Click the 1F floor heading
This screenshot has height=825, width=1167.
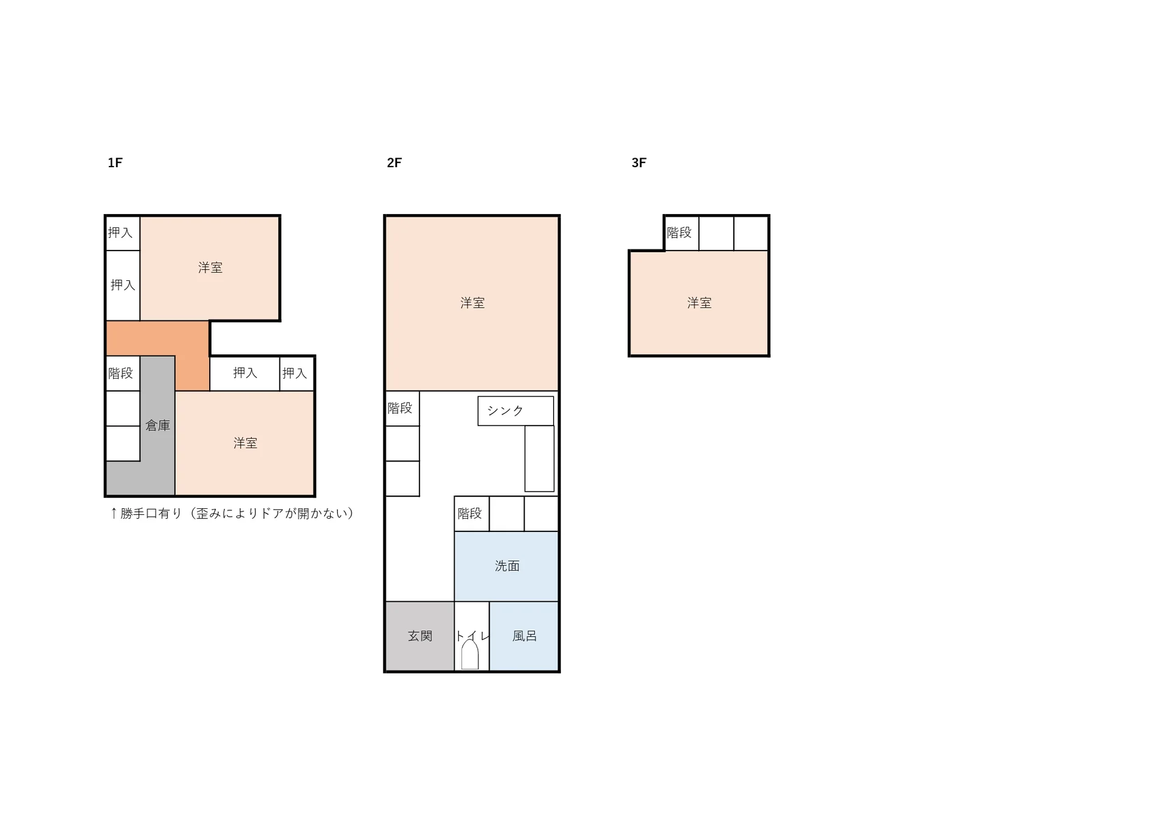tap(115, 162)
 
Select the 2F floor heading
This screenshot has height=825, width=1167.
tap(394, 162)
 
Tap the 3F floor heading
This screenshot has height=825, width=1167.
tap(639, 162)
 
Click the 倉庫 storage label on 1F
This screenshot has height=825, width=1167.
tap(157, 426)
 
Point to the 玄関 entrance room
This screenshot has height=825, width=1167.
tap(420, 636)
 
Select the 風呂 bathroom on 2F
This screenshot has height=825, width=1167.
tap(524, 636)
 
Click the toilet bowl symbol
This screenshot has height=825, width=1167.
tap(470, 652)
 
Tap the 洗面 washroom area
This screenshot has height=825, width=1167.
tap(506, 566)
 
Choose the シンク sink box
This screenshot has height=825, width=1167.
tap(515, 411)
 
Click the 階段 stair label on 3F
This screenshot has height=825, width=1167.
tap(679, 232)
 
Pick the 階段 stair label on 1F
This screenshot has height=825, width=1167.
tap(120, 373)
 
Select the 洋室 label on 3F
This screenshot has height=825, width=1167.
tap(699, 303)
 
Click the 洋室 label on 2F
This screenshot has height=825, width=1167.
tap(472, 303)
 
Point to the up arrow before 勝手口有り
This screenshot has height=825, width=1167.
tap(114, 513)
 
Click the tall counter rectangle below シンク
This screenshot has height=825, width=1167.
tap(539, 458)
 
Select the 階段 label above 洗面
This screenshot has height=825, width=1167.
tap(469, 513)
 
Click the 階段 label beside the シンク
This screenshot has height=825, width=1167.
tap(399, 408)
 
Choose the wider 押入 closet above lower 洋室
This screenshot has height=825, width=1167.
tap(245, 373)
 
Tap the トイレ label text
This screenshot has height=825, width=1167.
tap(472, 636)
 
